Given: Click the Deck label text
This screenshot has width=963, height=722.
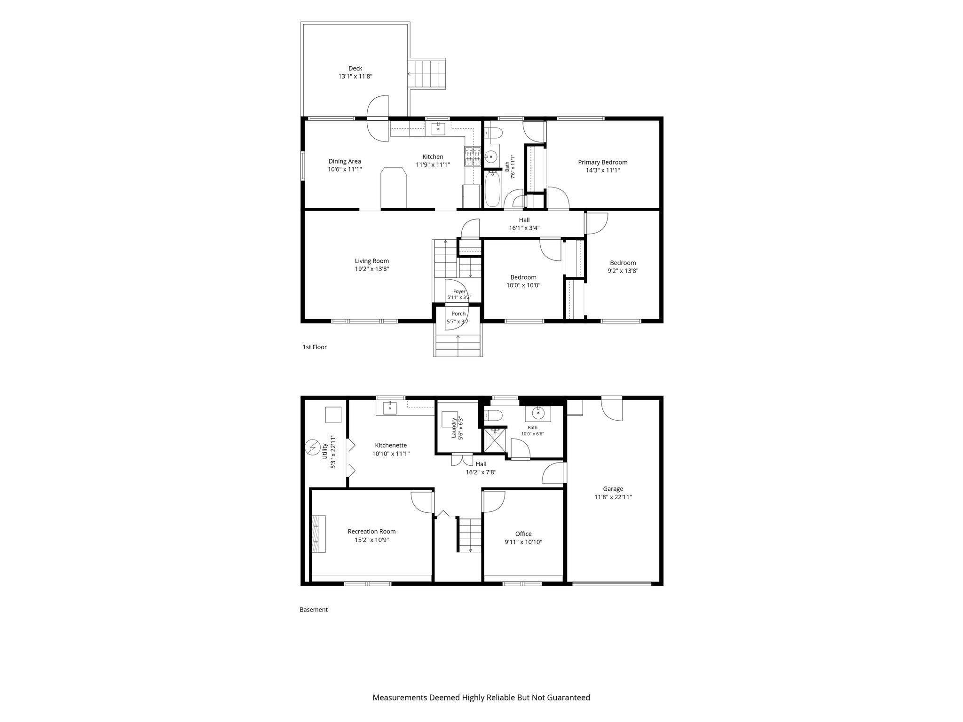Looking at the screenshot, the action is [355, 69].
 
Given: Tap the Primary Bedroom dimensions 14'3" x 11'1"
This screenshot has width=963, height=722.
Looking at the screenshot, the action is [603, 170].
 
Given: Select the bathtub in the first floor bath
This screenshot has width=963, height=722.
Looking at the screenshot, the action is [492, 189].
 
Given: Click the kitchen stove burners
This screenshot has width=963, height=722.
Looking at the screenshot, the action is [473, 157].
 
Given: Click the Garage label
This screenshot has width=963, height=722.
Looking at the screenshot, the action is [613, 489].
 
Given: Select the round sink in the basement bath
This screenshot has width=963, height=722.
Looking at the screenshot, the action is [538, 413].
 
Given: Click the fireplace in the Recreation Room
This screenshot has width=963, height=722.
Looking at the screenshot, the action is [318, 534].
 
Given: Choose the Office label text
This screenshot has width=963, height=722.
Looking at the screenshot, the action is [523, 534].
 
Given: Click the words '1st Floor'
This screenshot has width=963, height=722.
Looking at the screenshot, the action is [315, 347].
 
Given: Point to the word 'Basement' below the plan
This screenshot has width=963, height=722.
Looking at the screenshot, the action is [314, 610].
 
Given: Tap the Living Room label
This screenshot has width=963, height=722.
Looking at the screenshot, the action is [372, 261].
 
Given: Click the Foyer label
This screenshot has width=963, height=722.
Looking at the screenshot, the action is [459, 291].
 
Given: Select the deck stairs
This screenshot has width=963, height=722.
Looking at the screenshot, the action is [427, 74].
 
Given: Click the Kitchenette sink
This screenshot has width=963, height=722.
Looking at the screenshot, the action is [389, 408].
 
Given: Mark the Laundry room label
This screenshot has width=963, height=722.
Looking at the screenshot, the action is [454, 428].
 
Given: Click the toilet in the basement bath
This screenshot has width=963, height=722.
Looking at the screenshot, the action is [493, 415].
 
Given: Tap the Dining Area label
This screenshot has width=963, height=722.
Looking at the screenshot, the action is [345, 161].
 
